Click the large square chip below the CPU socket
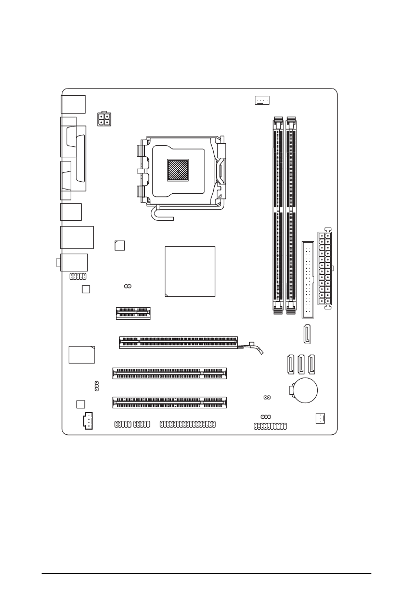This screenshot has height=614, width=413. [x=190, y=271]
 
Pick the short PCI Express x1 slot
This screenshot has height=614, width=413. [x=133, y=312]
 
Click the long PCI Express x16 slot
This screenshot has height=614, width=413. [x=178, y=342]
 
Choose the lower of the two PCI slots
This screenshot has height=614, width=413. [x=170, y=402]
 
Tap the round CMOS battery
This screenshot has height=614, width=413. [x=305, y=389]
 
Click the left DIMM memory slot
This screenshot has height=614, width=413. [x=278, y=215]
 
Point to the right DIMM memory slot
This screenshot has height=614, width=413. [x=292, y=215]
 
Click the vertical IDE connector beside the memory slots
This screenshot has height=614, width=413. [x=308, y=279]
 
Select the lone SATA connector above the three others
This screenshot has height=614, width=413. [x=307, y=334]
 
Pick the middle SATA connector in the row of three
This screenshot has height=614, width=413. [x=301, y=364]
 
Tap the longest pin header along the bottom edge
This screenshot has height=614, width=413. [x=187, y=424]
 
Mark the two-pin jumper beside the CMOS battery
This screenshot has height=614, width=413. [x=266, y=397]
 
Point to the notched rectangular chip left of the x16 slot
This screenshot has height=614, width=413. [x=82, y=354]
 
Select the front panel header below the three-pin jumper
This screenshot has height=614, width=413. [x=270, y=426]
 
